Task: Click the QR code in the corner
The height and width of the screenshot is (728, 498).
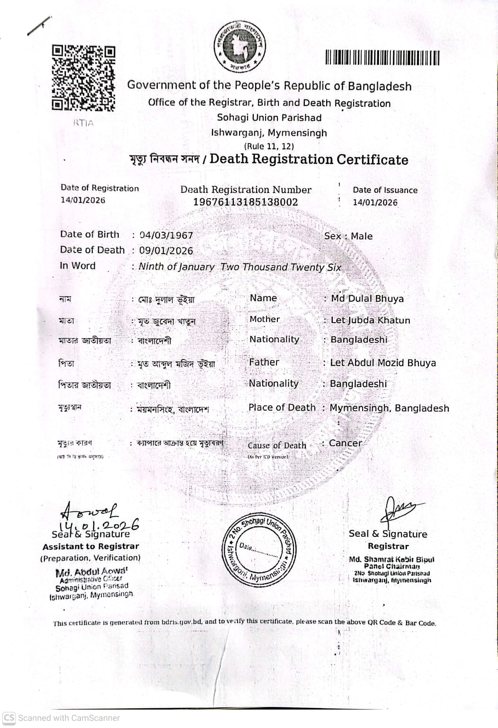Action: click(83, 78)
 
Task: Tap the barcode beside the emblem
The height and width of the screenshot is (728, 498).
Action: click(382, 58)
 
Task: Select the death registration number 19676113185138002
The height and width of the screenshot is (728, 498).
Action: click(246, 202)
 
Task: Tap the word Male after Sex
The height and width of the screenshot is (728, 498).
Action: click(362, 236)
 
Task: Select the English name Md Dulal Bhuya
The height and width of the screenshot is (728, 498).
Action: click(367, 299)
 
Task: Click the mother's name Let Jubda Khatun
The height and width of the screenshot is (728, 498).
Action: click(370, 320)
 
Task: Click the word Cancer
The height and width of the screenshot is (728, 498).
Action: click(345, 443)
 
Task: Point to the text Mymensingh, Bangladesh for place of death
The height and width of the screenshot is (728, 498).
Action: click(389, 408)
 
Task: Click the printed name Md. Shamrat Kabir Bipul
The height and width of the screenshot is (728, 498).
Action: click(391, 559)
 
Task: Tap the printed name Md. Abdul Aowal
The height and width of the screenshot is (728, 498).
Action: click(91, 572)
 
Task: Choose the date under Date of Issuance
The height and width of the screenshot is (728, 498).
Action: click(375, 202)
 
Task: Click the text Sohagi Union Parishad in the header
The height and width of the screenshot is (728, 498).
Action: click(269, 118)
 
